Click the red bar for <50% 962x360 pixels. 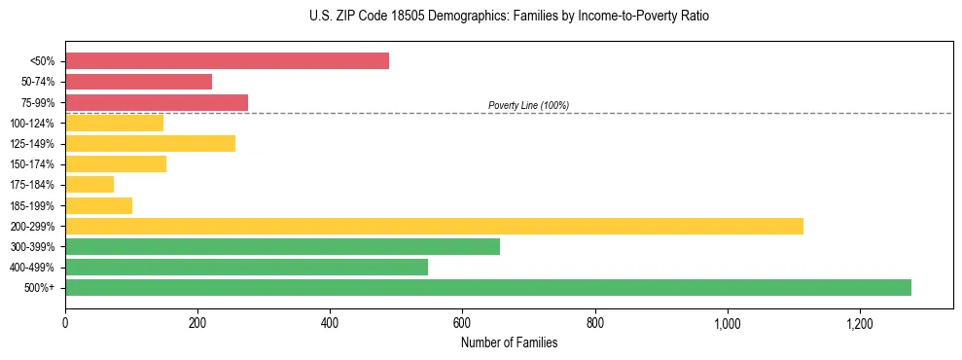[x=227, y=61]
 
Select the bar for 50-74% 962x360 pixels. [x=138, y=82]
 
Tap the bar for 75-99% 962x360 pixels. [x=157, y=102]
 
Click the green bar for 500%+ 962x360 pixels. [x=488, y=287]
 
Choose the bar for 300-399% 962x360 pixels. [x=282, y=246]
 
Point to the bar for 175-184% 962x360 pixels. [x=89, y=184]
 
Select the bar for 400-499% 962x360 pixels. [x=246, y=267]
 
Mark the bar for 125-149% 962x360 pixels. [x=150, y=143]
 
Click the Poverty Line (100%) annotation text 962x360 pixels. [x=528, y=105]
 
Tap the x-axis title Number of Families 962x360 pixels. [x=509, y=342]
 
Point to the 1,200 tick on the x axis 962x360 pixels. [x=860, y=323]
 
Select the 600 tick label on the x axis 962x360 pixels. [x=462, y=323]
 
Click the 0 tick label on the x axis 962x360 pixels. [x=65, y=323]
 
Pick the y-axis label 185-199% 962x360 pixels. [x=32, y=205]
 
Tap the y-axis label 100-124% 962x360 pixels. [x=32, y=124]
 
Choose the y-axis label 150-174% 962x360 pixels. [x=32, y=164]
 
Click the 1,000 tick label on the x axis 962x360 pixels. [x=728, y=323]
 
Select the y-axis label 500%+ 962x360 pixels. [x=39, y=288]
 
